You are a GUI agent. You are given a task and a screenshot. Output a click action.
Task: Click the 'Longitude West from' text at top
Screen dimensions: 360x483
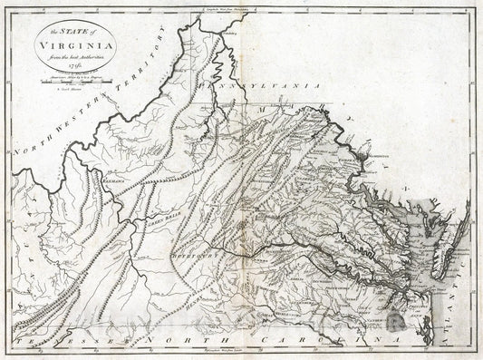pyautogui.click(x=241, y=7)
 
